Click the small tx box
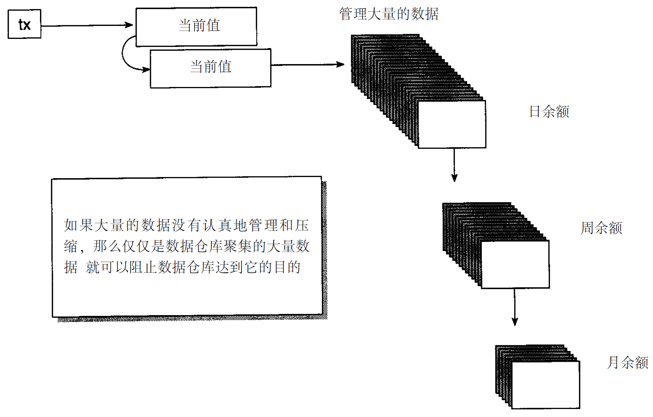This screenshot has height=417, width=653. pyautogui.click(x=24, y=24)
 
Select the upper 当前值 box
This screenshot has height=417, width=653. pyautogui.click(x=196, y=26)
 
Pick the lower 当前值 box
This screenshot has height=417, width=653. pyautogui.click(x=210, y=68)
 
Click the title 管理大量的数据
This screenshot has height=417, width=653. pyautogui.click(x=389, y=14)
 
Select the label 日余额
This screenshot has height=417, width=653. pyautogui.click(x=549, y=112)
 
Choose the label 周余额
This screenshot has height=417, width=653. pyautogui.click(x=601, y=228)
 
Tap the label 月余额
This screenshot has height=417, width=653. pyautogui.click(x=627, y=362)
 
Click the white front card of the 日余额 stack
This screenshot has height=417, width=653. pyautogui.click(x=452, y=124)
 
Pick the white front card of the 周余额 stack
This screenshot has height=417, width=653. pyautogui.click(x=515, y=264)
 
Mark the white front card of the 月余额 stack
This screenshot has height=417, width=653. pyautogui.click(x=546, y=385)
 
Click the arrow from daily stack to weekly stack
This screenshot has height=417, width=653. pyautogui.click(x=454, y=164)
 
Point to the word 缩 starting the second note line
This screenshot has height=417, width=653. pyautogui.click(x=71, y=246)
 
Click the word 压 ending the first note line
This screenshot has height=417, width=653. pyautogui.click(x=302, y=225)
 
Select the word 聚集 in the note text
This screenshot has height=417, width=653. pyautogui.click(x=237, y=246)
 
